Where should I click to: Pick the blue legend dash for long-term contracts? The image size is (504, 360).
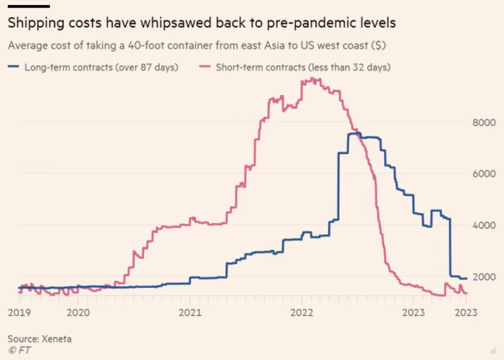pos(14,67)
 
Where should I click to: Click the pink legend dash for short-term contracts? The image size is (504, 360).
pos(205,67)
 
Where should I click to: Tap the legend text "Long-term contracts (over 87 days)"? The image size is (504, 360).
pos(101,67)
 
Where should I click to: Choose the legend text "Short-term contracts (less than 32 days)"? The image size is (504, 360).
pos(303,67)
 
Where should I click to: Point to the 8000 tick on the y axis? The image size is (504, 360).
pos(483,123)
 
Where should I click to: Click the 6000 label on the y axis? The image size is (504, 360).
pos(483,174)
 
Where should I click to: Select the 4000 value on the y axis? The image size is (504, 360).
pos(483,226)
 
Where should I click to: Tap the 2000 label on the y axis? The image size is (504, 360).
pos(483,277)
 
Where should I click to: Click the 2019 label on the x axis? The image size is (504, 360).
pos(20,313)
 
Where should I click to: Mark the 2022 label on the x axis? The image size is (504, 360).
pos(301,313)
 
